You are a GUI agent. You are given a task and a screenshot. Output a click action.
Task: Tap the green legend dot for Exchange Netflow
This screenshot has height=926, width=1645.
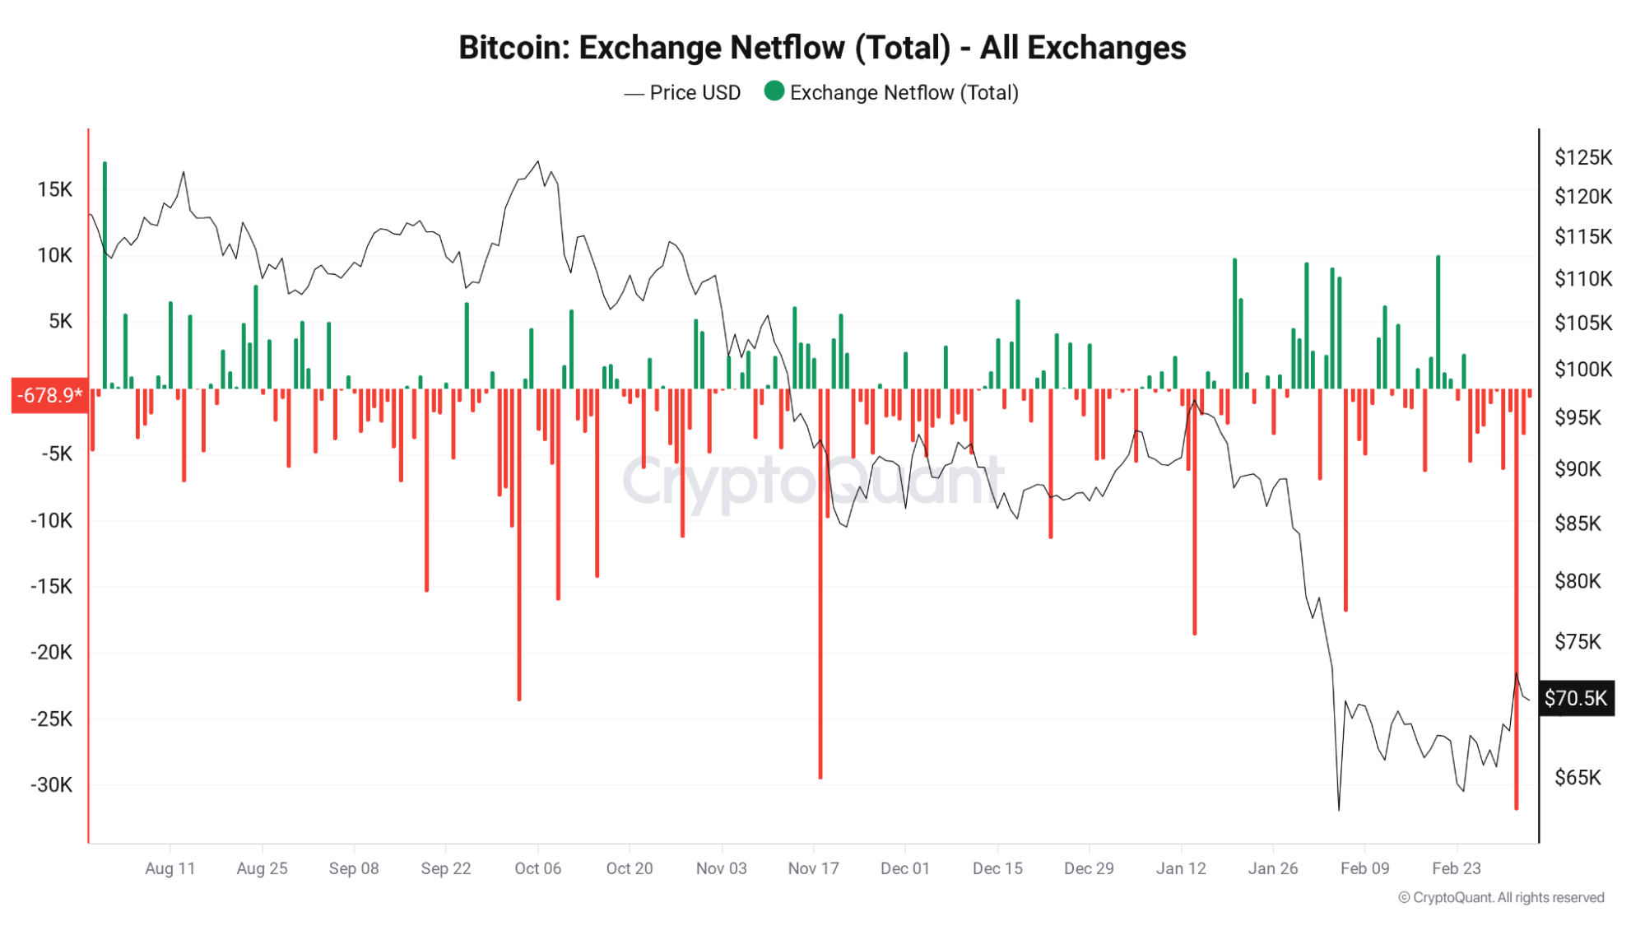pos(774,91)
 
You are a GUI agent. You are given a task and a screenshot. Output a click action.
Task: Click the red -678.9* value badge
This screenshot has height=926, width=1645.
pos(49,396)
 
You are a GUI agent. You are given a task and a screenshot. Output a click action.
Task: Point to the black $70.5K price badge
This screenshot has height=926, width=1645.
pos(1575,699)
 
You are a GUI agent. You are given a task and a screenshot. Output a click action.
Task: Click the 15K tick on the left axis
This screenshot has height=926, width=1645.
pos(54,190)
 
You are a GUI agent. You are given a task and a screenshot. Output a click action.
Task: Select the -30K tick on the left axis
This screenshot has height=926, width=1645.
pos(51,785)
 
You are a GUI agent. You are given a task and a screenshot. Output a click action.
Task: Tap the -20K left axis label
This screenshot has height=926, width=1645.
pos(51,653)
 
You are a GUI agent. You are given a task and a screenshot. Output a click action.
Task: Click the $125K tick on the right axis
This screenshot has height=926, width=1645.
pos(1582,157)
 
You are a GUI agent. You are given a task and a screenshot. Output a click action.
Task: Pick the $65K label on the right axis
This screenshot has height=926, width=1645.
pos(1578,778)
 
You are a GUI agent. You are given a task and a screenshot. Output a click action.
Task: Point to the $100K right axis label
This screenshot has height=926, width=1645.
pos(1582,369)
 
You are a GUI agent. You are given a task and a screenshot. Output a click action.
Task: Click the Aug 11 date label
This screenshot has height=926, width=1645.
pos(170,868)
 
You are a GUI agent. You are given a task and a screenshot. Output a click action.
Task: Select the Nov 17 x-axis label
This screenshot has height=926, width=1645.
pos(813,868)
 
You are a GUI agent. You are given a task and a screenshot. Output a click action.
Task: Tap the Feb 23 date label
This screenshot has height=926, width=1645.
pos(1456,868)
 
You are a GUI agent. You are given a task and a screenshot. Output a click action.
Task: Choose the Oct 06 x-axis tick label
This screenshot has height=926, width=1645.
pos(537,868)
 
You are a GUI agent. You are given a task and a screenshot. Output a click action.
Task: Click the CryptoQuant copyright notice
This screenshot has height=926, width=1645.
pos(1501,897)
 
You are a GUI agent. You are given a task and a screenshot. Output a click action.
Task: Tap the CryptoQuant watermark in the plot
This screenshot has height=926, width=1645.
pos(813,481)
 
